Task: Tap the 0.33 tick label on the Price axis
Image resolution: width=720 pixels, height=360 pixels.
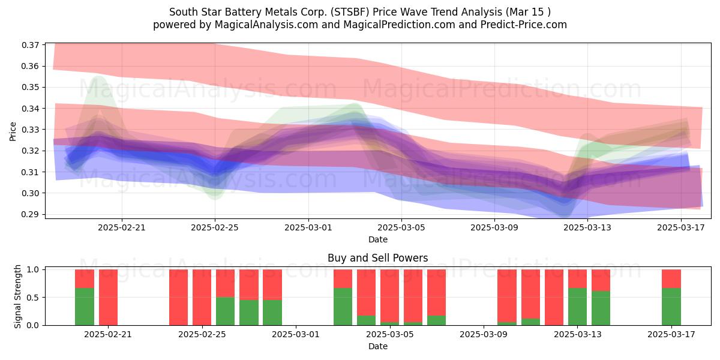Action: coord(30,130)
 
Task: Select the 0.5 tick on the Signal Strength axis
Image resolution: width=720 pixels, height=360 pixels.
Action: coord(33,298)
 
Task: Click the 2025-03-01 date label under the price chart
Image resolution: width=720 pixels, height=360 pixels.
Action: coord(308,227)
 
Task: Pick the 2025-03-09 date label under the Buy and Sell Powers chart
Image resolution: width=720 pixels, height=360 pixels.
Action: coord(484,335)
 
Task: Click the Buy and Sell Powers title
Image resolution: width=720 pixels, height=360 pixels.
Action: coord(377,258)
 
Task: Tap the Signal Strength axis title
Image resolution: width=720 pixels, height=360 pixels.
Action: coord(17,296)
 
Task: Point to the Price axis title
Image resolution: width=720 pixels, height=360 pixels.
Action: coord(13,131)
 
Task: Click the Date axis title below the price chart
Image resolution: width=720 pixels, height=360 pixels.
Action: coord(378,239)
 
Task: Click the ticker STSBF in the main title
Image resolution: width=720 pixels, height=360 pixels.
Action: coord(352,12)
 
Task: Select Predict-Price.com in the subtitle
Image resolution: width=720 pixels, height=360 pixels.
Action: coord(524,25)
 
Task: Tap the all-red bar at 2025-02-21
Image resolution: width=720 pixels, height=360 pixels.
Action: coord(109,298)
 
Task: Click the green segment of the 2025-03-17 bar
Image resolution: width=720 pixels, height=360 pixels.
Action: coord(671,307)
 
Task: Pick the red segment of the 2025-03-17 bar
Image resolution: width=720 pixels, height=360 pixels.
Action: coord(671,278)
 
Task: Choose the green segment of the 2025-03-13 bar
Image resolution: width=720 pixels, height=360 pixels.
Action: coord(578,307)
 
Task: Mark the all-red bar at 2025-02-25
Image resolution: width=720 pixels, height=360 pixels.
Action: coord(202,298)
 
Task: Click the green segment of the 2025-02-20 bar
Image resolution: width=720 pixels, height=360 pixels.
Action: coord(85,307)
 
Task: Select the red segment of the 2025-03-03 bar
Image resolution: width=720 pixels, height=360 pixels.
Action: coord(343,278)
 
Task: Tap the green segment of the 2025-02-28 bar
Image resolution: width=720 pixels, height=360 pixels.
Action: coord(272,313)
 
